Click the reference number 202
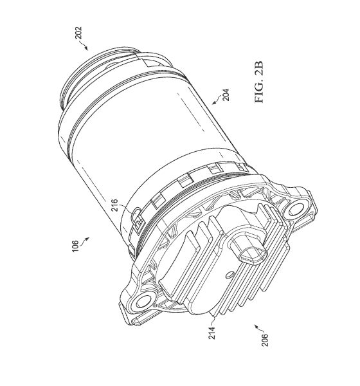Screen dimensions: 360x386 [x=78, y=33]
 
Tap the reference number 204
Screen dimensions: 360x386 [x=226, y=95]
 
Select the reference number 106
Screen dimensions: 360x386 [x=75, y=246]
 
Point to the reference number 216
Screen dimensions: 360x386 [x=114, y=206]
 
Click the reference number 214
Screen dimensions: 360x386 [x=212, y=333]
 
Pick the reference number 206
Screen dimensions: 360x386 [x=265, y=340]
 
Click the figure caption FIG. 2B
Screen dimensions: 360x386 [x=259, y=82]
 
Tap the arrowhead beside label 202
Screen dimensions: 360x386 [x=86, y=48]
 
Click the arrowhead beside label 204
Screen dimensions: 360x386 [x=214, y=103]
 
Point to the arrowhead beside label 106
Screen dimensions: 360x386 [x=87, y=239]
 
